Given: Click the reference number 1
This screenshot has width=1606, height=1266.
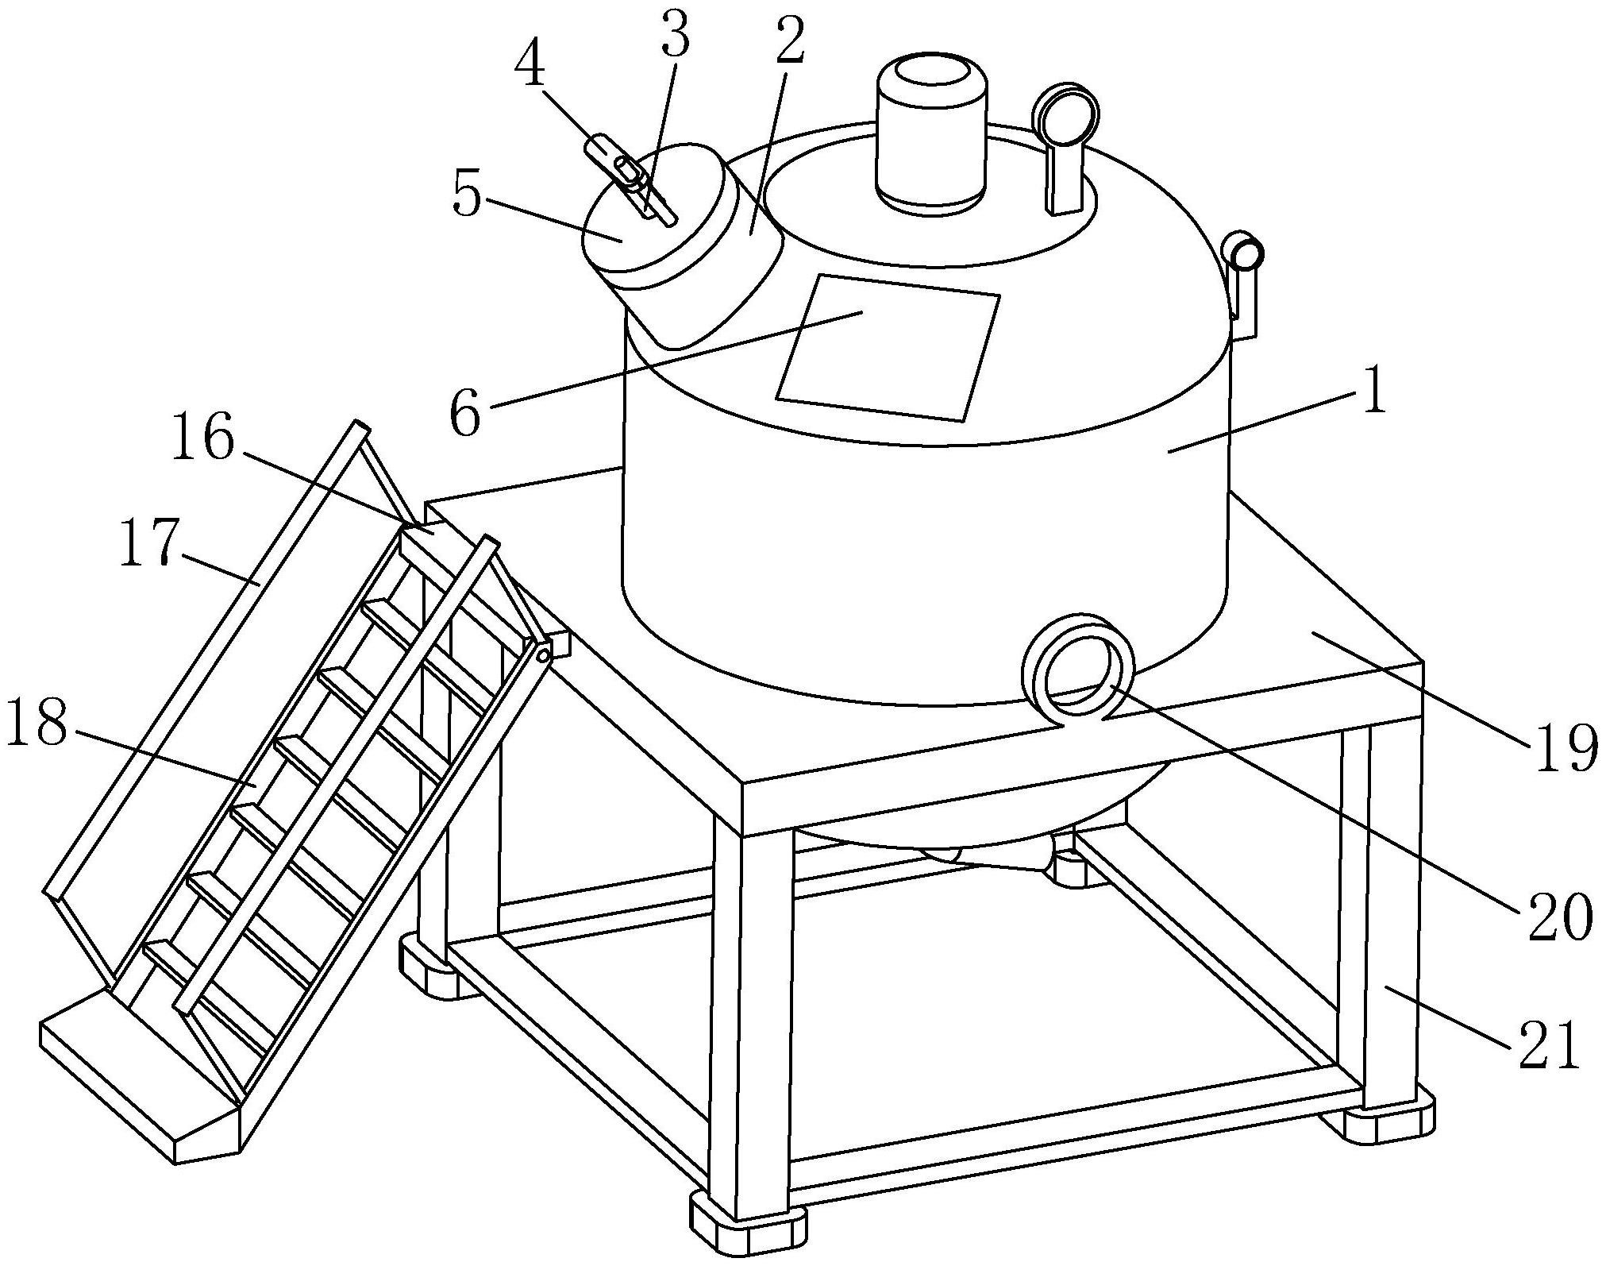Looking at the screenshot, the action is [1372, 390].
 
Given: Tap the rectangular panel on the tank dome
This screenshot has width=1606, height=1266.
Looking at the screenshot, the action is [888, 346].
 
